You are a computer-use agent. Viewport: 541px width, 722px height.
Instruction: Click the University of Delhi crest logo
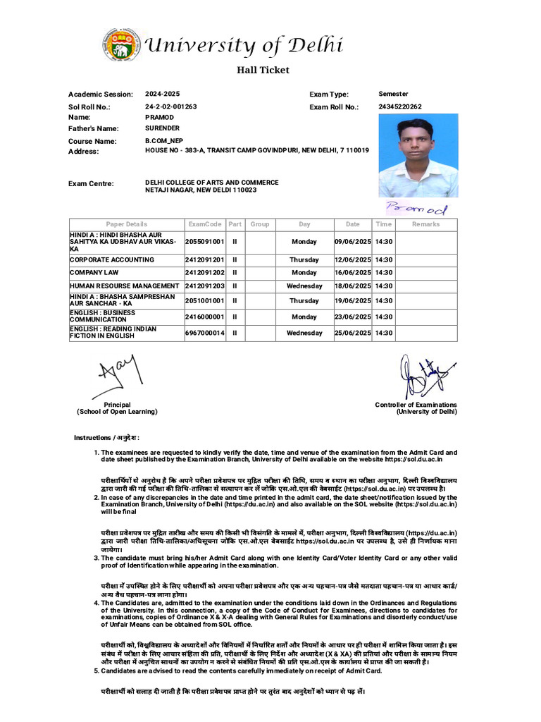(x=120, y=45)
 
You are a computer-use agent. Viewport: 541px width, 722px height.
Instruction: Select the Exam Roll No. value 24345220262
(x=400, y=106)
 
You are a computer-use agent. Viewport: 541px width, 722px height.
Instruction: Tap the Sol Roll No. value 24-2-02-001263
(x=171, y=106)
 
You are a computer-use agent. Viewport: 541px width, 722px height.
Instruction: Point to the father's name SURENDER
(x=162, y=128)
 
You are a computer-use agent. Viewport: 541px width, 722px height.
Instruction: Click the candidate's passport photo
(x=418, y=155)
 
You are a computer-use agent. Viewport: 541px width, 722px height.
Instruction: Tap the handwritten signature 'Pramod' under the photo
(x=416, y=208)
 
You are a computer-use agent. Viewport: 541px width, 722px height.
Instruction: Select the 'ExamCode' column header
(x=204, y=224)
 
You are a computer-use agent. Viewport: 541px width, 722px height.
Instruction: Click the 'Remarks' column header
(x=425, y=224)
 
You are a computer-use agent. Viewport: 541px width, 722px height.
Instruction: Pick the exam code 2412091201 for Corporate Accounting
(x=204, y=259)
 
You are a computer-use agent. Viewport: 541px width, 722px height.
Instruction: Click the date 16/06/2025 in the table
(x=352, y=272)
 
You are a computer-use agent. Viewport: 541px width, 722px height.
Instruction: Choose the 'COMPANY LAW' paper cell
(x=94, y=272)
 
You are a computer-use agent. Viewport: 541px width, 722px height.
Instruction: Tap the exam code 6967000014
(x=204, y=333)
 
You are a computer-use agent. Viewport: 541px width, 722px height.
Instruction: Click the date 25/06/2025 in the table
(x=352, y=333)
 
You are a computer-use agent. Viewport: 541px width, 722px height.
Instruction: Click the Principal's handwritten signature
(x=116, y=376)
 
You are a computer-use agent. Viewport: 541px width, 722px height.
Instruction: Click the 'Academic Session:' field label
(x=100, y=94)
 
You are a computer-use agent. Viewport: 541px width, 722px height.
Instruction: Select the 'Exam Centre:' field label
(x=91, y=184)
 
